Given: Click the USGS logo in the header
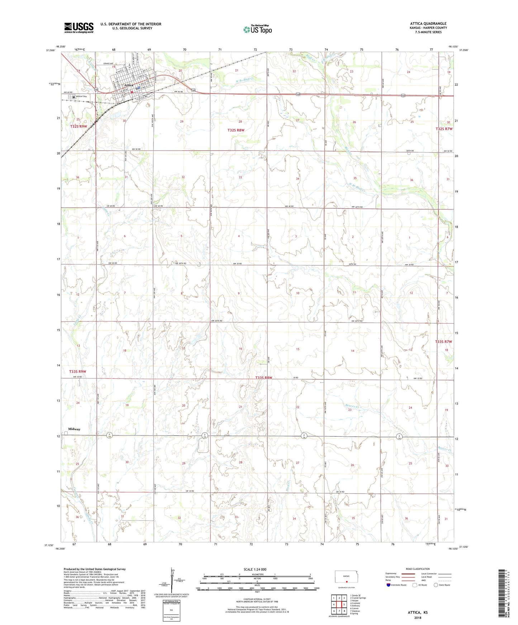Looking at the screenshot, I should [x=79, y=28].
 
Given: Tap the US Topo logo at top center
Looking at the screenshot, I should [x=257, y=29].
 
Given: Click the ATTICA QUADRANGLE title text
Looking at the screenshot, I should [x=428, y=24].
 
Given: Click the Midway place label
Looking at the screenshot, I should [x=74, y=429].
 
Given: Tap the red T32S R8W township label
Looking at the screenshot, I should [x=236, y=130].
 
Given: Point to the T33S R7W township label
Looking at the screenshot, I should [x=443, y=341].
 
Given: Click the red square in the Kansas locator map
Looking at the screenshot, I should [x=346, y=582].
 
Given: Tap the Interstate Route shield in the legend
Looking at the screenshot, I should [x=389, y=585].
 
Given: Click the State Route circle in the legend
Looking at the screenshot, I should [x=436, y=585].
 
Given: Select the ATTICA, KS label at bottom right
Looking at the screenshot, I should [x=418, y=612].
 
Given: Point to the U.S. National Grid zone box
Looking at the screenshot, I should [x=171, y=609].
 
